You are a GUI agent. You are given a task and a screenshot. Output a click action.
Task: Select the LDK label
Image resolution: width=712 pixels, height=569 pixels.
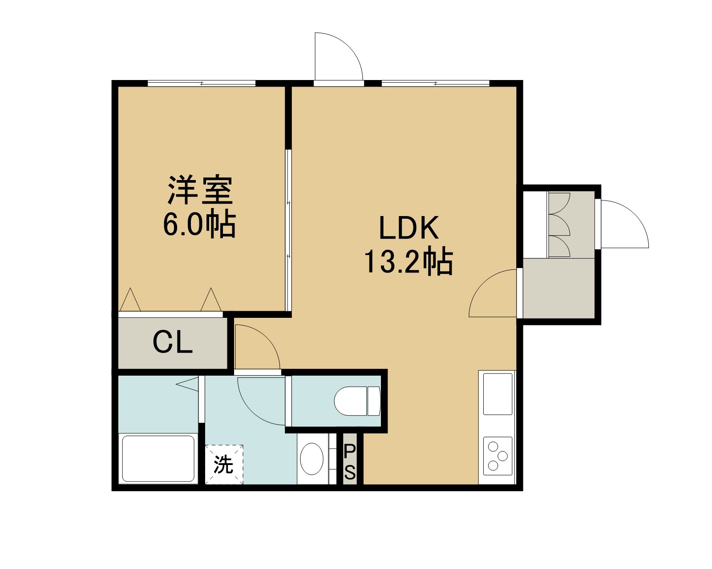[409, 228]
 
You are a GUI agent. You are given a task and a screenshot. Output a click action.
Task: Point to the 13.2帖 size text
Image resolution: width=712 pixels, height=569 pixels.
[408, 261]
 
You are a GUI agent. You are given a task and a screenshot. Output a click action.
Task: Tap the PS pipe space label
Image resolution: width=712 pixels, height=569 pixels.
[350, 462]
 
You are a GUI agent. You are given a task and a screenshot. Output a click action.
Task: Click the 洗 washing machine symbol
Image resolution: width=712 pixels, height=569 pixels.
[224, 465]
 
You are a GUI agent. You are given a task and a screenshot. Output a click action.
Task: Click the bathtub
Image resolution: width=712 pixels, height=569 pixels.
[158, 459]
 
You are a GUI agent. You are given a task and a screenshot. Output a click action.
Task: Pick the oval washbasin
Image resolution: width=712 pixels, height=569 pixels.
[311, 459]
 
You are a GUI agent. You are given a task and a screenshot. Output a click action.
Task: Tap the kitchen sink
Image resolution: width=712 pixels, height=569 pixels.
[498, 394]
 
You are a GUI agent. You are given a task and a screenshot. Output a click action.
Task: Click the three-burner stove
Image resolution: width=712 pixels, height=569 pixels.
[498, 456]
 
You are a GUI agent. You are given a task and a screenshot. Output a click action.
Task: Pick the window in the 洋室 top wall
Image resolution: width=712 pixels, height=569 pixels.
[202, 83]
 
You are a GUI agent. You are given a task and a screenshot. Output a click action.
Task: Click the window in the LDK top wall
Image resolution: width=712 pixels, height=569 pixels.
[435, 83]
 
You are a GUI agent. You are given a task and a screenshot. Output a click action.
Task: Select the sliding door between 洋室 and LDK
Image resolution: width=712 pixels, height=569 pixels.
[288, 230]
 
